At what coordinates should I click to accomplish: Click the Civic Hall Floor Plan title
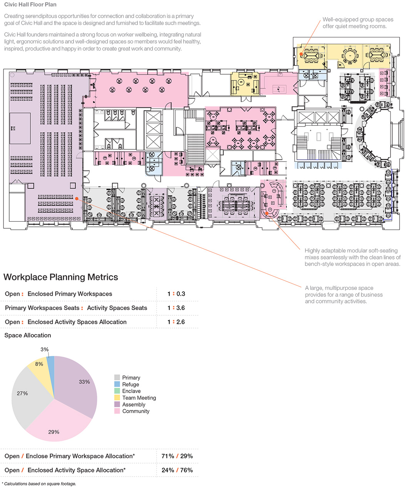(30, 5)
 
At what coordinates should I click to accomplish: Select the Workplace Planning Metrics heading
(61, 277)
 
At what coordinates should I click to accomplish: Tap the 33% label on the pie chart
(84, 382)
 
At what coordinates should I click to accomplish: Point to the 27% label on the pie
(22, 393)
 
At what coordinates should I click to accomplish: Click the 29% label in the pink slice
(54, 432)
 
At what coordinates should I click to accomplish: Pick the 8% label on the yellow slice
(39, 364)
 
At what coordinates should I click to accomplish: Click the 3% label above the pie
(45, 350)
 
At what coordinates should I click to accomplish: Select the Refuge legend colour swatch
(117, 384)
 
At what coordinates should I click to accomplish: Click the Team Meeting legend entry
(139, 398)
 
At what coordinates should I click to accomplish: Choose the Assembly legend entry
(134, 405)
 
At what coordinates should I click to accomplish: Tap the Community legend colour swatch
(117, 411)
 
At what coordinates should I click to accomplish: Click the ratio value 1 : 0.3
(176, 294)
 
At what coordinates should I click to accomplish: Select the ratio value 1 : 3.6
(176, 308)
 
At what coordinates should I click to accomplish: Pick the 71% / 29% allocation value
(177, 456)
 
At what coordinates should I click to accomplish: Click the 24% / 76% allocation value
(177, 470)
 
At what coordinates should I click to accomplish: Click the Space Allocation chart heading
(28, 335)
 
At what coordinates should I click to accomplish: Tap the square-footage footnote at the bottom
(39, 484)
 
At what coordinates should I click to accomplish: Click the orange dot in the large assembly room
(77, 199)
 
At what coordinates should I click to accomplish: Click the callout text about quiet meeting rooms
(358, 23)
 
